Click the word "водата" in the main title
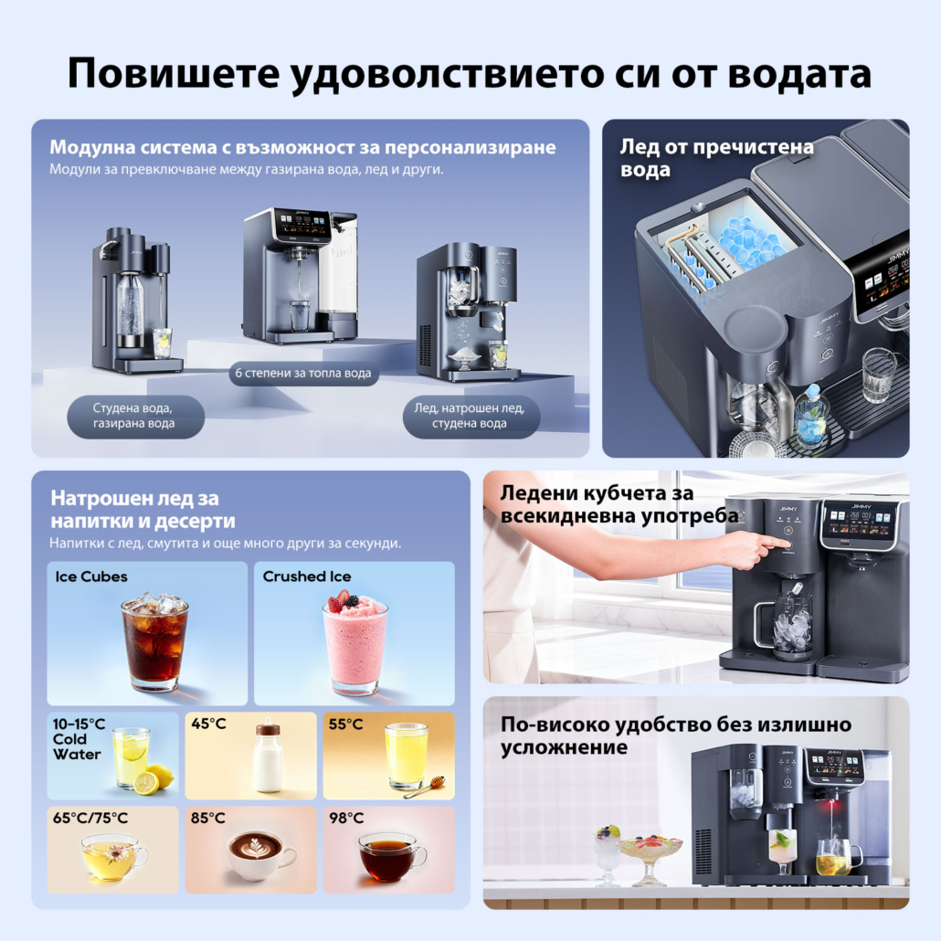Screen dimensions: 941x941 pos(800,73)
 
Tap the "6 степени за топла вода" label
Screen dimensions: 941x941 pos(303,374)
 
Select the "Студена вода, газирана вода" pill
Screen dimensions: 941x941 pos(135,416)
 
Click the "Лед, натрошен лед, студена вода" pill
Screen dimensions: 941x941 pos(470,416)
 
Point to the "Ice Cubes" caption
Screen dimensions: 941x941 pos(91,576)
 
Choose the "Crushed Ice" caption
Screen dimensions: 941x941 pos(307,576)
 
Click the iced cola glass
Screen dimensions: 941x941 pos(154,641)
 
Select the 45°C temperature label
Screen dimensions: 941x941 pos(208,724)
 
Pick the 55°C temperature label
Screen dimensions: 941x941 pos(345,724)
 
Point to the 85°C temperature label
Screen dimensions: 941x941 pos(208,818)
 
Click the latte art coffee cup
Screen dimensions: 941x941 pos(261,855)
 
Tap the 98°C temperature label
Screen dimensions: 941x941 pos(346,818)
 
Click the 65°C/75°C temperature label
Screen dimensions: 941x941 pos(90,818)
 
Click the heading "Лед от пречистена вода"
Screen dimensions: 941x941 pos(716,158)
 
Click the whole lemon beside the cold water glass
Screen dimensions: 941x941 pos(161,777)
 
